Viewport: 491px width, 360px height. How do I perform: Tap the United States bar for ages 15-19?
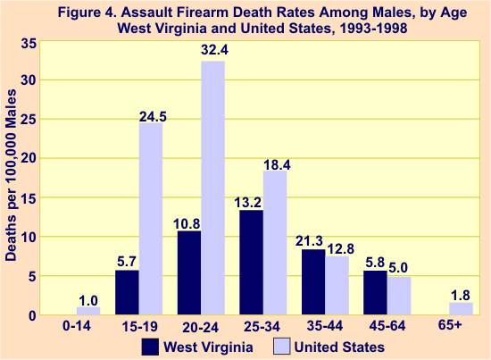(151, 219)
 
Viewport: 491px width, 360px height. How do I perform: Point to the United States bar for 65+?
(460, 309)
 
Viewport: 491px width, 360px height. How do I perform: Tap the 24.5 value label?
(151, 113)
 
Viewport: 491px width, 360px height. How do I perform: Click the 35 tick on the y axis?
(29, 42)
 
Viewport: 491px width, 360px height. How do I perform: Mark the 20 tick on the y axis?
(29, 159)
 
